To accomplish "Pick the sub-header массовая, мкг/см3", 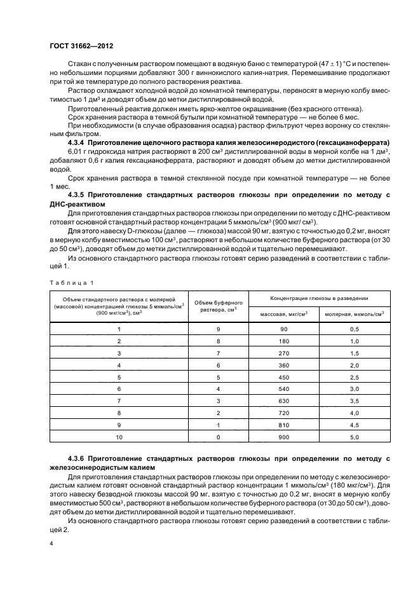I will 283,313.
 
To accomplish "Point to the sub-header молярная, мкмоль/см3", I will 355,313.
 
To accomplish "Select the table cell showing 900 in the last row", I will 283,437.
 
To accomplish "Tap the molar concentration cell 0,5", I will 355,329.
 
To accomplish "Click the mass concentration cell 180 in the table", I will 283,341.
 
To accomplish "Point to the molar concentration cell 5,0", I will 355,437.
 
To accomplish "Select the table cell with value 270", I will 283,353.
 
